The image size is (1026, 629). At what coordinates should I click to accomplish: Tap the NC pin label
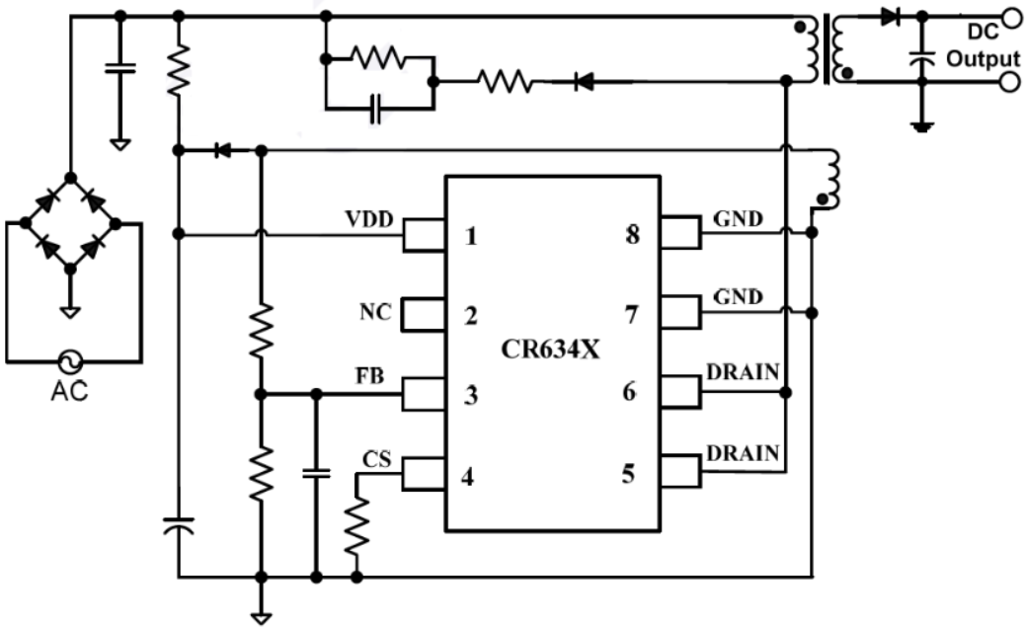375,313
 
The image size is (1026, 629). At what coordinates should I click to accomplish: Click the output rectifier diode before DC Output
891,16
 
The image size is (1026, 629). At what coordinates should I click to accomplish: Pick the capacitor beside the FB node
316,474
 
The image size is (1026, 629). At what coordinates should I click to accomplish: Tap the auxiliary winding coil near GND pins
831,179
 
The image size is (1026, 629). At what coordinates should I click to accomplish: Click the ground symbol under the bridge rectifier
69,310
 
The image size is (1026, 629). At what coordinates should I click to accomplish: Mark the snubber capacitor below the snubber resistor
374,110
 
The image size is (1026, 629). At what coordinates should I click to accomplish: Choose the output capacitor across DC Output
921,61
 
